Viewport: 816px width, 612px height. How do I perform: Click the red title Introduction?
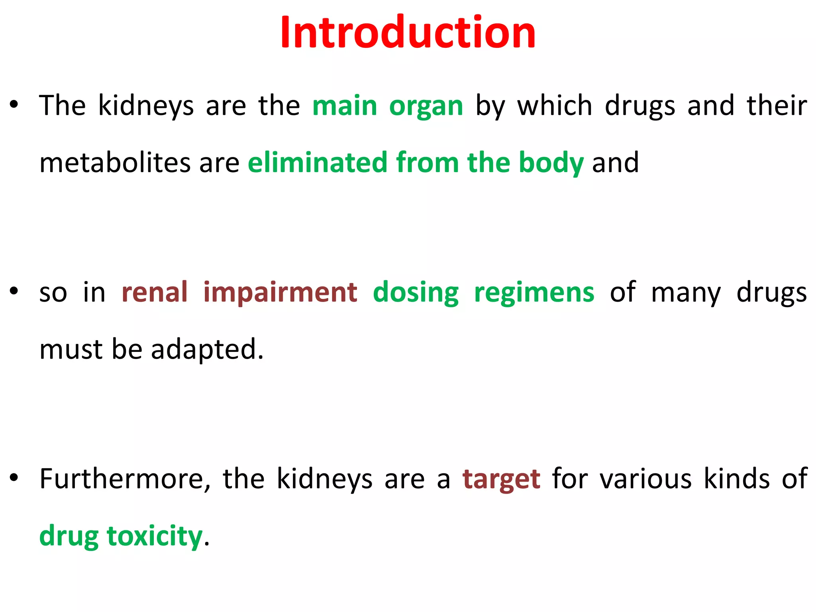click(408, 33)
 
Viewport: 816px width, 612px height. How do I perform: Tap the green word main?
click(345, 106)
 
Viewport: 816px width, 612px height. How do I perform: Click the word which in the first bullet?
click(555, 106)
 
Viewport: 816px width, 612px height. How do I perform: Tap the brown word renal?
click(155, 292)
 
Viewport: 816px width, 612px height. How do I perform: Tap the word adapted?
click(207, 350)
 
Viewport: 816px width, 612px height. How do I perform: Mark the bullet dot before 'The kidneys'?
click(14, 105)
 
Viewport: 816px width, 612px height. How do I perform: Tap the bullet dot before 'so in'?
click(14, 291)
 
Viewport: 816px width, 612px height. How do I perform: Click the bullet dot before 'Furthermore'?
click(14, 478)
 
